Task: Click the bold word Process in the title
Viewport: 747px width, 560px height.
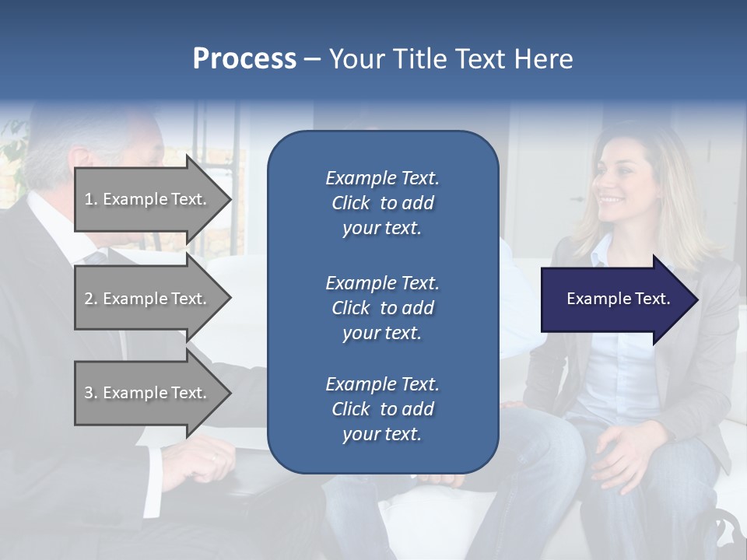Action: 244,59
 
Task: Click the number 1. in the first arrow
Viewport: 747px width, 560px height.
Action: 91,199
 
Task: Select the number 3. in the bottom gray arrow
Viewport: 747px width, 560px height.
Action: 91,393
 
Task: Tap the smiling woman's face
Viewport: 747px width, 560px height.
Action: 619,183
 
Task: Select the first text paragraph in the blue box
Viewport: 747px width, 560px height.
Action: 382,203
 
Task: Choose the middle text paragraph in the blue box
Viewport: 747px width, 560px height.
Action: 382,308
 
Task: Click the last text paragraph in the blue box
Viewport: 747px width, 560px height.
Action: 382,409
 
